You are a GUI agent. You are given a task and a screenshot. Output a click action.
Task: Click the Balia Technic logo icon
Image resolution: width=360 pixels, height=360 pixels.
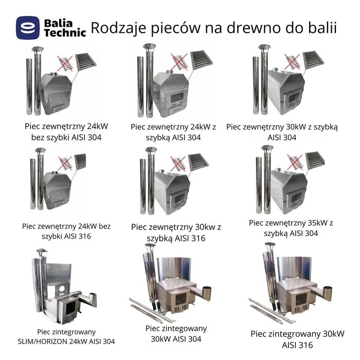click(x=28, y=28)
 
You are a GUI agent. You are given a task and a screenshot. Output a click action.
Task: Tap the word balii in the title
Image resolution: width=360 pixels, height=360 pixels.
click(x=319, y=28)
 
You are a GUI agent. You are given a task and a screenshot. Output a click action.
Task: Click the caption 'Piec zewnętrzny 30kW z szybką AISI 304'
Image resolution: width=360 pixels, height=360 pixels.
click(x=282, y=132)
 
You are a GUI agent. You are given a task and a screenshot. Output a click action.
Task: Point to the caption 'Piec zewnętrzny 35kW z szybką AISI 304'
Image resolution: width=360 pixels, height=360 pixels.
click(x=291, y=228)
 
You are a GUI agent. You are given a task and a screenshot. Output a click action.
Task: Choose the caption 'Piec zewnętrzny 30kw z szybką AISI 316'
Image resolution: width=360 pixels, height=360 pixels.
click(x=176, y=232)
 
